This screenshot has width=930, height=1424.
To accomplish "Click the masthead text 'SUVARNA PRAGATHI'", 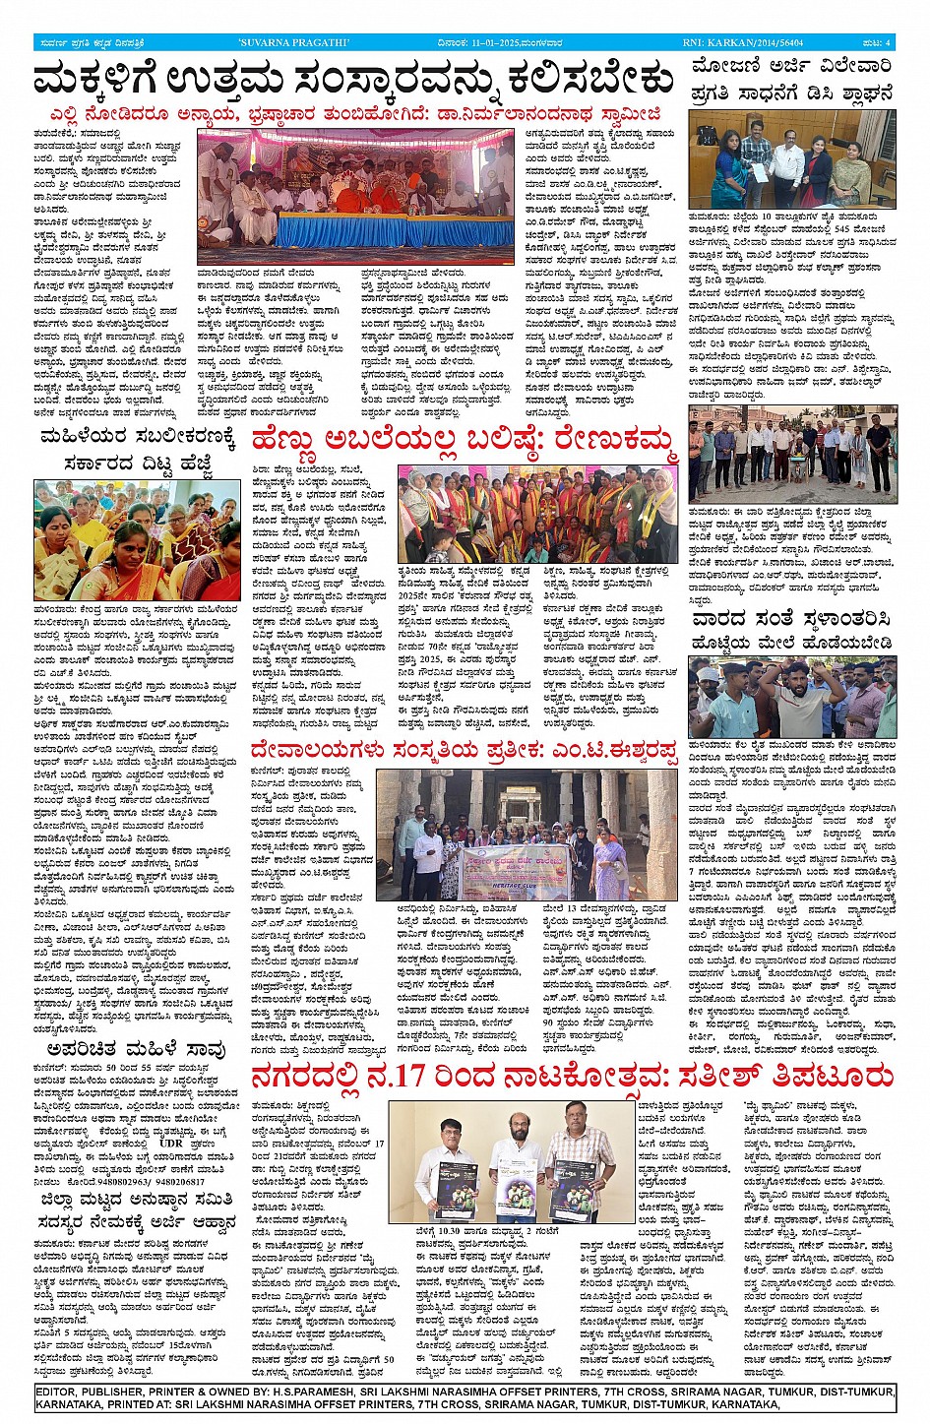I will click(x=279, y=42).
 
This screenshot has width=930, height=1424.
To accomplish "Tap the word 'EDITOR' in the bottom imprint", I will click(x=60, y=1392).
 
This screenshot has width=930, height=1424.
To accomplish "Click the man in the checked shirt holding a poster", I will click(x=581, y=1142).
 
